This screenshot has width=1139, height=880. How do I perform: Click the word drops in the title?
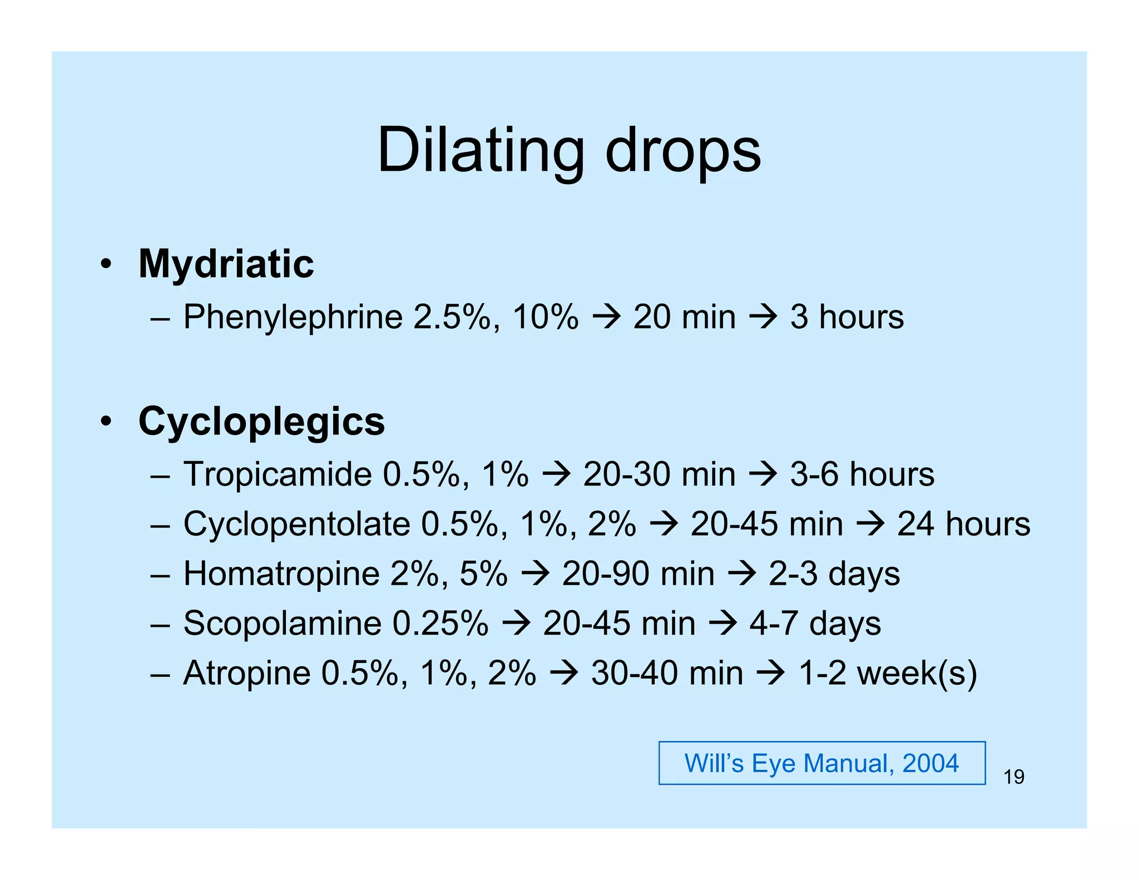pyautogui.click(x=682, y=151)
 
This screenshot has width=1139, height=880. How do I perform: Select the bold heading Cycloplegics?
pyautogui.click(x=261, y=421)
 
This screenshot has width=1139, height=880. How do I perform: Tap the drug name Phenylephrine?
pyautogui.click(x=293, y=317)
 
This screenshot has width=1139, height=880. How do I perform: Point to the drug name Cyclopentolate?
pyautogui.click(x=296, y=524)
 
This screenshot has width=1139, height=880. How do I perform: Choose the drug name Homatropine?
pyautogui.click(x=281, y=574)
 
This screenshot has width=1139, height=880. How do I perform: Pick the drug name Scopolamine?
pyautogui.click(x=282, y=623)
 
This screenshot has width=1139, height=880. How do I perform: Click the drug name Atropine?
pyautogui.click(x=246, y=673)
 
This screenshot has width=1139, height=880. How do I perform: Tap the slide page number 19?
pyautogui.click(x=1013, y=777)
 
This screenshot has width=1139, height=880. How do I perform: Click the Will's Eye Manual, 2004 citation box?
pyautogui.click(x=821, y=763)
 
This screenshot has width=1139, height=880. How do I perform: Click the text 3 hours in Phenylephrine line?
pyautogui.click(x=846, y=317)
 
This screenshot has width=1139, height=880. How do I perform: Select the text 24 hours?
pyautogui.click(x=963, y=524)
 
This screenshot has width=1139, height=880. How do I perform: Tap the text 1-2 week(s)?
pyautogui.click(x=888, y=673)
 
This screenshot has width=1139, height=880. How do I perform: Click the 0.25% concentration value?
pyautogui.click(x=440, y=623)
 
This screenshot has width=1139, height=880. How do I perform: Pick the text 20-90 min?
pyautogui.click(x=638, y=574)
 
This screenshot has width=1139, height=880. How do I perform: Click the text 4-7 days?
pyautogui.click(x=815, y=623)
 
